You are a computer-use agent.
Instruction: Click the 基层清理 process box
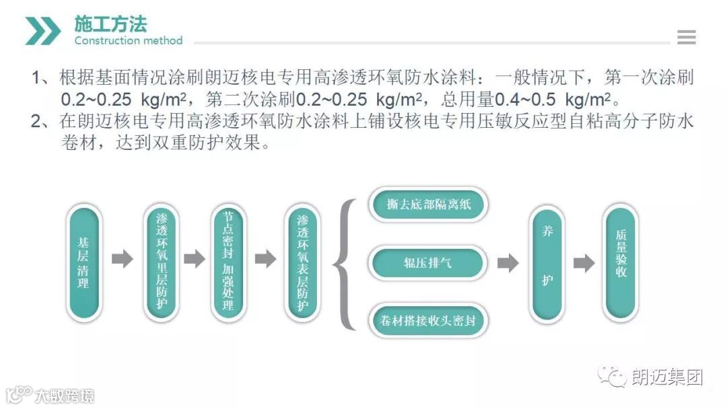83,262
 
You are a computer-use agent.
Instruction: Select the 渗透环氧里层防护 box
162,262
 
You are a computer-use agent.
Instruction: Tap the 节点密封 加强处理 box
228,262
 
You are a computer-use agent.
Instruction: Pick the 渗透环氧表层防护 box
302,262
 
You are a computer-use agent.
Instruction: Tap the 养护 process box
547,262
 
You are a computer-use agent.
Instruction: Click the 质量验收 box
621,262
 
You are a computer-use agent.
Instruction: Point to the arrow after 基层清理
123,259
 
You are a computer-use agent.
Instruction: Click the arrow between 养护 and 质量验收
584,263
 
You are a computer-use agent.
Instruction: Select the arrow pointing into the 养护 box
508,263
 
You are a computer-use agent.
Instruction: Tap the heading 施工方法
110,24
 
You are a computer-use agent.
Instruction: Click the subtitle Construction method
128,41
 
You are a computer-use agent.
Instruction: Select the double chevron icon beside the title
43,31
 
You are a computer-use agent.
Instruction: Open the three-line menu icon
686,38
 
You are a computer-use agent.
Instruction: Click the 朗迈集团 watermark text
666,377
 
